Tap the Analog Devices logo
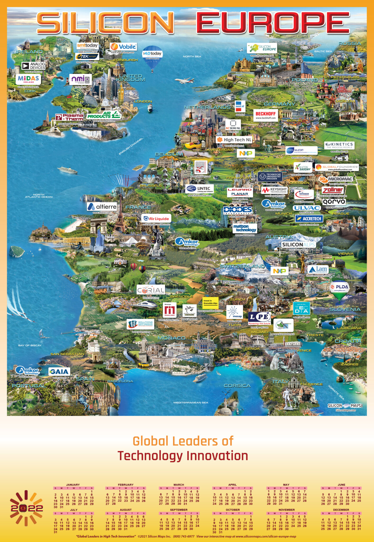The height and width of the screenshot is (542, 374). click(x=34, y=66)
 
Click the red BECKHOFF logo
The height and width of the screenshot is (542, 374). click(x=265, y=114)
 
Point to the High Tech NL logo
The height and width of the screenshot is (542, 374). click(x=234, y=140)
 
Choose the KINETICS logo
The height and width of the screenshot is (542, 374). click(x=339, y=145)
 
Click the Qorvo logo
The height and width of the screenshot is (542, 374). click(x=334, y=202)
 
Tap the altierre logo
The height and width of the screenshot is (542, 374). click(x=102, y=207)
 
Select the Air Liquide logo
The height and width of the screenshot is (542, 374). click(x=156, y=219)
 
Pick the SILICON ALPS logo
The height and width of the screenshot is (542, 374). click(x=298, y=245)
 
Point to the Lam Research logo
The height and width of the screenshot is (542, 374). click(x=318, y=270)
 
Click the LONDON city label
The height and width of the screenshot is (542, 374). click(x=143, y=101)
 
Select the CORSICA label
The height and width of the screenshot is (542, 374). click(x=237, y=386)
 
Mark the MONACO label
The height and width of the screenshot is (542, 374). click(x=172, y=338)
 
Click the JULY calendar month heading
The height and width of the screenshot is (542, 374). click(x=74, y=510)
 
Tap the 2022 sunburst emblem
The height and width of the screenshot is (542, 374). click(x=26, y=508)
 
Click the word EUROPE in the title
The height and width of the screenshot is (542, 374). click(x=273, y=22)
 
